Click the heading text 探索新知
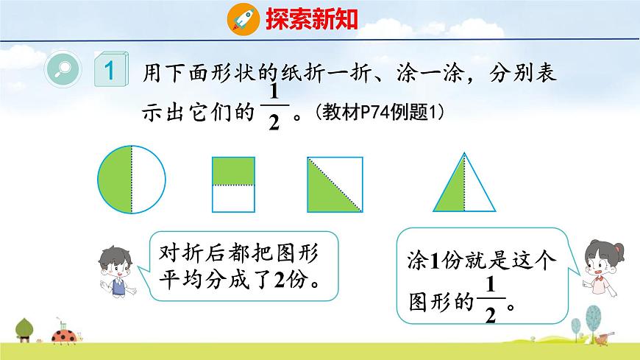311,18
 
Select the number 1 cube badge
110,71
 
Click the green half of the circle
115,179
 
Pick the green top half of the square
233,171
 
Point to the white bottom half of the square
233,198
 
